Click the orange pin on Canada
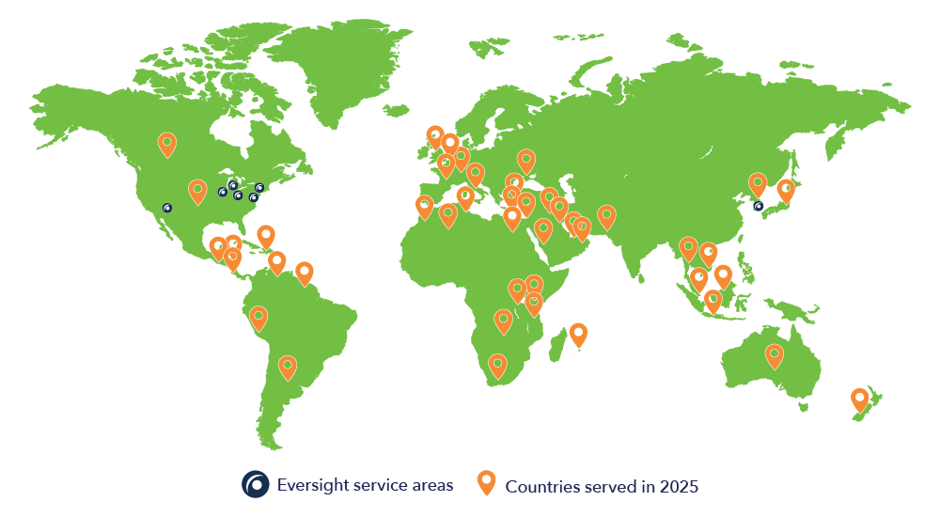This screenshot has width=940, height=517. (166, 145)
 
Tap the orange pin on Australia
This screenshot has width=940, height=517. (774, 355)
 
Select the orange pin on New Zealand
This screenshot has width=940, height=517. (859, 399)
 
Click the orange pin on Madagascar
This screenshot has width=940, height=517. (578, 334)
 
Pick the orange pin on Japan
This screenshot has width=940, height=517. (785, 190)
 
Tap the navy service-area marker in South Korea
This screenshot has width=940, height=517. (759, 206)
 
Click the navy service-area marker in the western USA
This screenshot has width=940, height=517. (167, 208)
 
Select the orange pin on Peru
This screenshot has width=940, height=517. (258, 318)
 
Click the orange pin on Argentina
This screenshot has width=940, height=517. (288, 366)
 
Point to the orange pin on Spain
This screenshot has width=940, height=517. (424, 206)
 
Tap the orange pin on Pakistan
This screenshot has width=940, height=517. (606, 217)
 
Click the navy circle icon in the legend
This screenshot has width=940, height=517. (255, 484)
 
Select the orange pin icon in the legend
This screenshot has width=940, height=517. (486, 482)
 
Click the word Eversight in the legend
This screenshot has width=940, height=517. (309, 486)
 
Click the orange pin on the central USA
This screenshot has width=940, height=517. (197, 191)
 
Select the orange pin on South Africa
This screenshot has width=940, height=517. (497, 365)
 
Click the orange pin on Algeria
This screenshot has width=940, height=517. (448, 215)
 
